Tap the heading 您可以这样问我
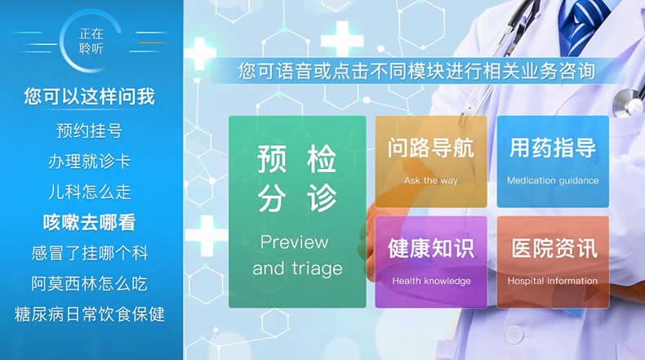pos(90,96)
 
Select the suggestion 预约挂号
pos(90,131)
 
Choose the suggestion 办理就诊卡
pos(90,162)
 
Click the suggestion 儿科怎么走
pos(90,193)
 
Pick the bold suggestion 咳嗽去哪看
pos(90,223)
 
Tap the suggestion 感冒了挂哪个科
pos(90,253)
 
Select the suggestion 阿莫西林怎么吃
pos(90,284)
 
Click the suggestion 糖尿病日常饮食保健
pos(90,314)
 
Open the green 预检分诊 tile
pos(297,211)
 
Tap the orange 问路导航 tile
pos(431,161)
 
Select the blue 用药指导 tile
pos(553,161)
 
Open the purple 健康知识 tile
pos(431,261)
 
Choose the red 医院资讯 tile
pos(553,261)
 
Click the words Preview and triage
pos(297,256)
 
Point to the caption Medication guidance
pos(553,180)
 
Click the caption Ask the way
pos(431,180)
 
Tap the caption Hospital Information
pos(553,281)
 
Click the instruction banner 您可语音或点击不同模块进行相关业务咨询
pos(416,71)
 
